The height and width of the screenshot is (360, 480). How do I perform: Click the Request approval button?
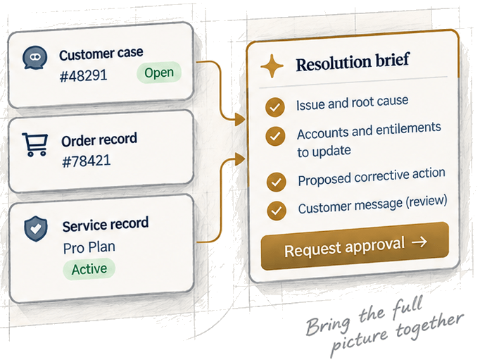(x=355, y=246)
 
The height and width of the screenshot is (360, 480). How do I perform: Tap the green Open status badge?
(x=159, y=73)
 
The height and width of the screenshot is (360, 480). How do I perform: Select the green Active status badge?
(x=89, y=269)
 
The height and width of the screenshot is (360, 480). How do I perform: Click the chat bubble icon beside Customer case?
(x=35, y=57)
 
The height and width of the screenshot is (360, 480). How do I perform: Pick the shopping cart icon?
(x=35, y=144)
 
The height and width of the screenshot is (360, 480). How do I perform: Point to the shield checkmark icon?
(x=36, y=228)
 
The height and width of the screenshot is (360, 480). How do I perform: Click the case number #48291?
(x=83, y=75)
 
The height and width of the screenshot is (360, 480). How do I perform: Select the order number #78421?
(x=87, y=161)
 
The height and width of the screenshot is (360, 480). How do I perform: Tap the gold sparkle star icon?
(x=272, y=66)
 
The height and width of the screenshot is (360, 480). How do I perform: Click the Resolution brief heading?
(x=353, y=62)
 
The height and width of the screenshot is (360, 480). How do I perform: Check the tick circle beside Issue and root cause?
(x=275, y=107)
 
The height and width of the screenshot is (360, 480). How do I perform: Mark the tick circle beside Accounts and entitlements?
(x=275, y=136)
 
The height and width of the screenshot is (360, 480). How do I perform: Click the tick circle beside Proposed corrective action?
(x=277, y=182)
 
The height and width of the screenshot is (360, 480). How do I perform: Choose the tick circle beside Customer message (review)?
(x=277, y=211)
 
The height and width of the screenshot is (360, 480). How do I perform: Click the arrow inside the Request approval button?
(x=419, y=242)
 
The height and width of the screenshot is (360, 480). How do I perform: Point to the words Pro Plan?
(x=89, y=247)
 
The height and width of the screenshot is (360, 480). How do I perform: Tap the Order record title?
(x=99, y=139)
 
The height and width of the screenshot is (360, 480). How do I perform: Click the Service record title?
(x=106, y=224)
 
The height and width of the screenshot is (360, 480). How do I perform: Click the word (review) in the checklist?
(x=427, y=201)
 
